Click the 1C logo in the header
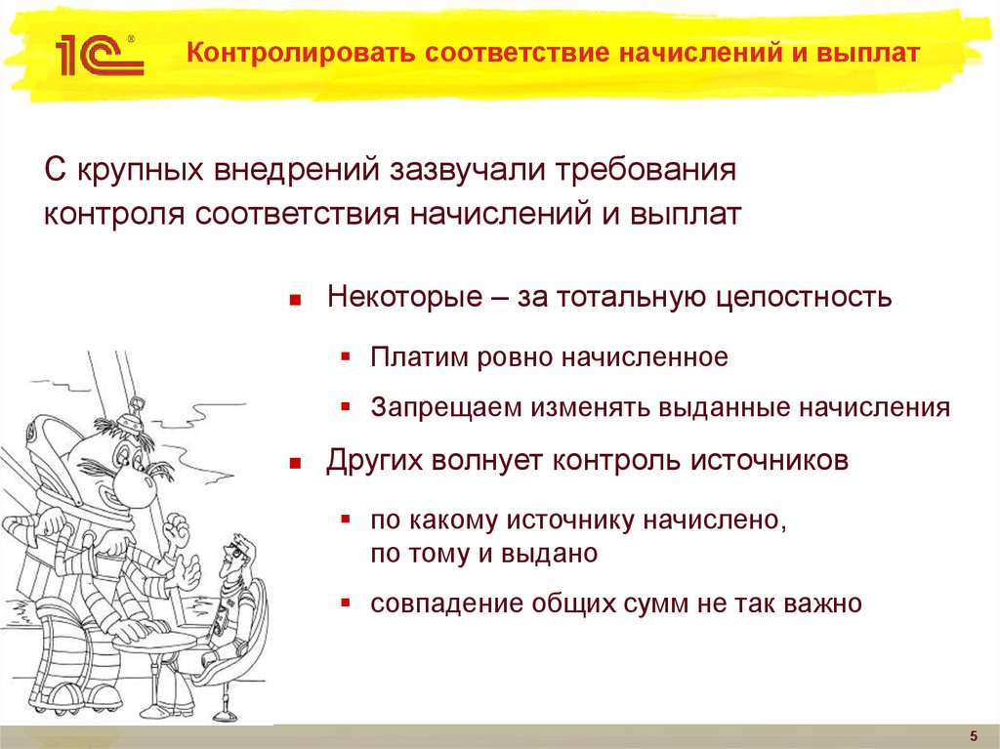pyautogui.click(x=99, y=55)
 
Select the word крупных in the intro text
pyautogui.click(x=138, y=173)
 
